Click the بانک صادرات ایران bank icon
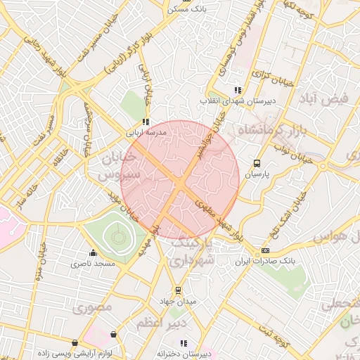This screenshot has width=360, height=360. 265,250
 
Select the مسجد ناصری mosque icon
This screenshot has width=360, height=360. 92,253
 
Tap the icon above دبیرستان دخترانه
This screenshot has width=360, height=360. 184,343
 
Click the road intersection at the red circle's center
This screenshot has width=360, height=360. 181,184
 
